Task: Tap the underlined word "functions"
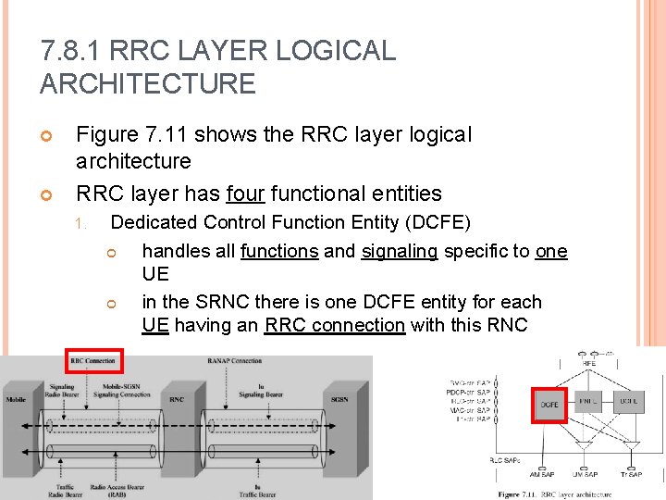click(279, 252)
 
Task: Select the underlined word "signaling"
click(400, 252)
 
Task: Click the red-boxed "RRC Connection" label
click(92, 360)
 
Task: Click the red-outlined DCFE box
click(549, 405)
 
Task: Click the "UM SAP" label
click(586, 474)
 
